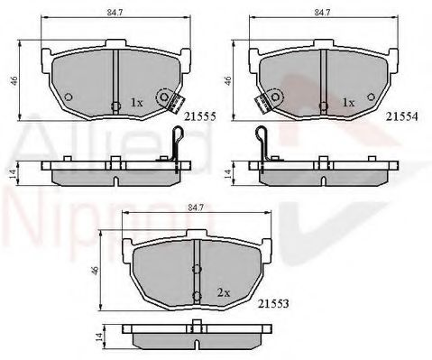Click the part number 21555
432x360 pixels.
(200, 116)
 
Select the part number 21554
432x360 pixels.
(402, 116)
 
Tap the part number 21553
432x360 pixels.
(273, 304)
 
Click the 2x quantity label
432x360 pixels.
(224, 292)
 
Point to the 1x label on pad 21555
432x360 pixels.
(136, 103)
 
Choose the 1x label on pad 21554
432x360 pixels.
(348, 103)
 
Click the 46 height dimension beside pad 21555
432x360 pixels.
(14, 80)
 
